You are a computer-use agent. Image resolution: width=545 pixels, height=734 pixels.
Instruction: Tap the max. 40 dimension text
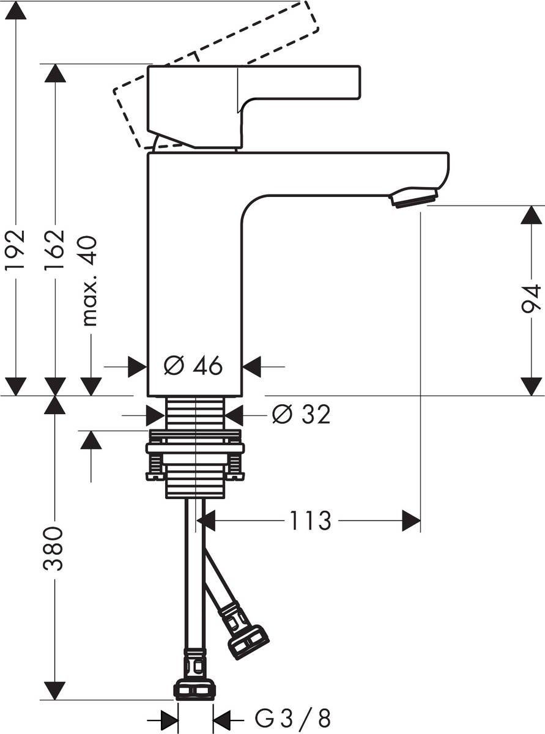point(89,281)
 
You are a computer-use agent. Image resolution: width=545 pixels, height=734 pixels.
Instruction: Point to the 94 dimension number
point(531,298)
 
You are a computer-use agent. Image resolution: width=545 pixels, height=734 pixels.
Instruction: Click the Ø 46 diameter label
point(193,366)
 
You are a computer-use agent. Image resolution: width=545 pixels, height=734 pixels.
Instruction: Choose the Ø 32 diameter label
point(301,415)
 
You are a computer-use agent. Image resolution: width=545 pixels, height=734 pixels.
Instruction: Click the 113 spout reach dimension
point(310,521)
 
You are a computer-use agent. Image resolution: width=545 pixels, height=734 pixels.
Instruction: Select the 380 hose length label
point(55,548)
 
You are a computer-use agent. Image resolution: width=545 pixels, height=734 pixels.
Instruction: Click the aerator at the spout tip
point(414,198)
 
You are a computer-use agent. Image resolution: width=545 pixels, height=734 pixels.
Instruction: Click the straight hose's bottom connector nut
point(195,689)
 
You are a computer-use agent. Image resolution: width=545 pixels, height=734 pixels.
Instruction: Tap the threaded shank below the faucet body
point(196,413)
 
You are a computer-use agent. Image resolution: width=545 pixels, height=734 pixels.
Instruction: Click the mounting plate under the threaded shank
point(195,448)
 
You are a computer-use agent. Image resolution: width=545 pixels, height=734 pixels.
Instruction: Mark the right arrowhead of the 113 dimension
point(412,521)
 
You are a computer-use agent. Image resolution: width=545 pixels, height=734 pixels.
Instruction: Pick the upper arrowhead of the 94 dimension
point(531,215)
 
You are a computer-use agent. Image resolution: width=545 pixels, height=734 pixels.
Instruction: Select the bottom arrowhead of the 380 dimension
point(55,691)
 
